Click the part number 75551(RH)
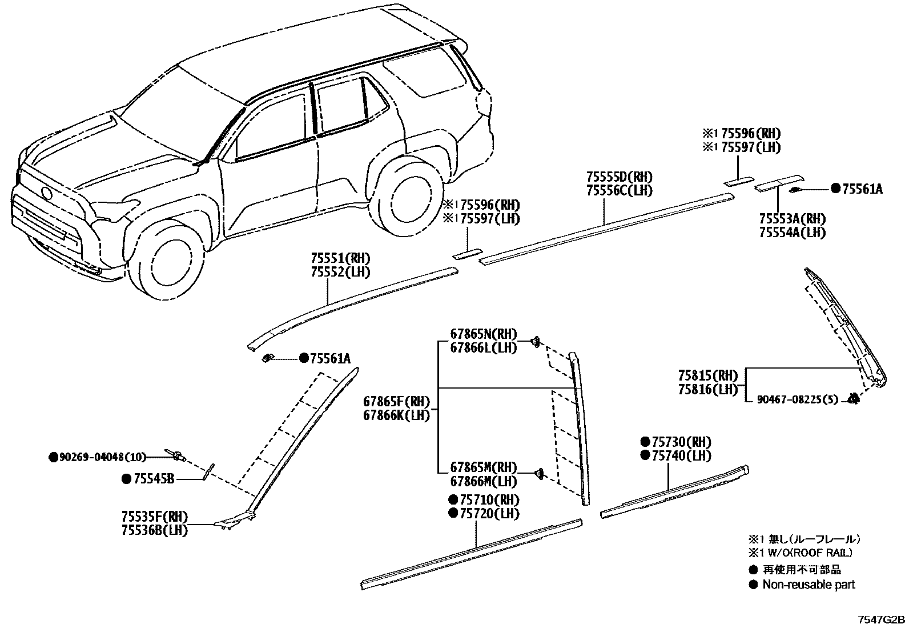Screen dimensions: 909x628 pyautogui.click(x=340, y=258)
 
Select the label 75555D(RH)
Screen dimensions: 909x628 pyautogui.click(x=620, y=177)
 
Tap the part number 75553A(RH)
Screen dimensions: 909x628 pyautogui.click(x=793, y=219)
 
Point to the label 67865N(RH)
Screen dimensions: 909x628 pyautogui.click(x=484, y=334)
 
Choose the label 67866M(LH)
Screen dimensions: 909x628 pyautogui.click(x=484, y=481)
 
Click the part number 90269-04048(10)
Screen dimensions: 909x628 pyautogui.click(x=102, y=457)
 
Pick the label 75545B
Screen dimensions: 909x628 pyautogui.click(x=154, y=479)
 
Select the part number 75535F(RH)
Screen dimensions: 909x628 pyautogui.click(x=155, y=517)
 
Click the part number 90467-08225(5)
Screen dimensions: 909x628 pyautogui.click(x=798, y=399)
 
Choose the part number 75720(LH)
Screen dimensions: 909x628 pyautogui.click(x=489, y=514)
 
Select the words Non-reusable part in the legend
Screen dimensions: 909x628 pyautogui.click(x=809, y=585)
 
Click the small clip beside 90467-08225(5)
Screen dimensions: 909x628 pyautogui.click(x=854, y=399)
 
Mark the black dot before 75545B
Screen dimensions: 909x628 pyautogui.click(x=126, y=479)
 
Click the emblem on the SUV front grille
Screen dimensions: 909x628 pyautogui.click(x=46, y=193)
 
